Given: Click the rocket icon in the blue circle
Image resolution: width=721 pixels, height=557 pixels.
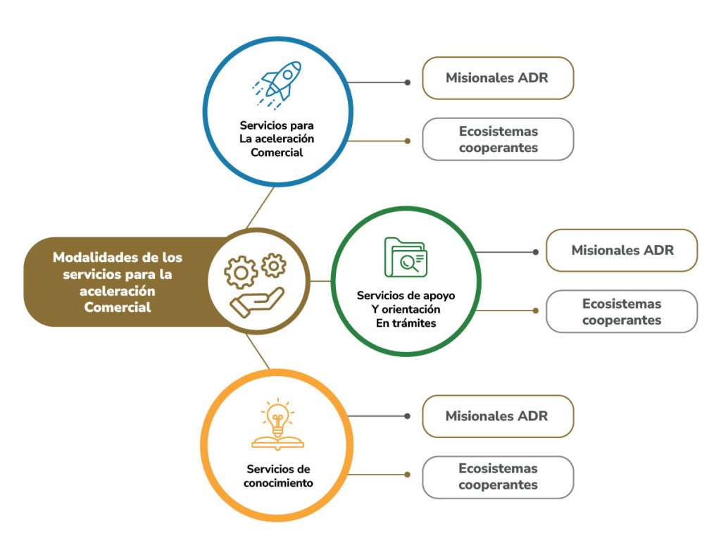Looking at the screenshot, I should (277, 84).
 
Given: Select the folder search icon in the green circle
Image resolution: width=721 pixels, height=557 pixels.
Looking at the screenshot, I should (405, 257).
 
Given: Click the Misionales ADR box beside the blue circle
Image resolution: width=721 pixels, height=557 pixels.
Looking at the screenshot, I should (497, 77).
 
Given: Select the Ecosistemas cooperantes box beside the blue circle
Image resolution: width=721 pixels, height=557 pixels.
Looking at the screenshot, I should (497, 139).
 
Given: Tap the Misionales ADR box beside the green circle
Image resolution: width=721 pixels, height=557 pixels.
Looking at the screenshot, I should (622, 250).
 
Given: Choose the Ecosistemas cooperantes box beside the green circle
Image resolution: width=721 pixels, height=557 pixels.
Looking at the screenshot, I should (622, 311).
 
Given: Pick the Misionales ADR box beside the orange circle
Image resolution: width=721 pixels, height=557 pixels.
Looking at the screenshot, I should (497, 416).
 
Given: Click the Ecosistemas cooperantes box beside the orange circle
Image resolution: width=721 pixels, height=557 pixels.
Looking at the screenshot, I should (497, 477).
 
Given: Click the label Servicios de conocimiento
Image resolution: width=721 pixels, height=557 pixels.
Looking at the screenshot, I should (278, 476).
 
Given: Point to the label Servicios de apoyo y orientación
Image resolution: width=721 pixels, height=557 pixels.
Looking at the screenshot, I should (406, 309).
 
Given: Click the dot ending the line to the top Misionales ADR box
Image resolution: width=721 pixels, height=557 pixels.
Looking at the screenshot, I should (408, 82).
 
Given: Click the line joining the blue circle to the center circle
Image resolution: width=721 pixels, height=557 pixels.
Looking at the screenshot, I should (258, 208).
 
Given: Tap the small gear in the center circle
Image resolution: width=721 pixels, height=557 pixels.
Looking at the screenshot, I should (273, 265).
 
